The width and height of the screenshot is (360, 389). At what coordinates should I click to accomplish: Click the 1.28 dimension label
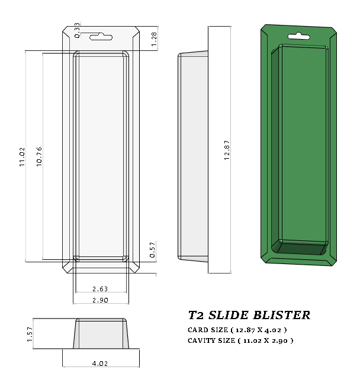pyautogui.click(x=154, y=39)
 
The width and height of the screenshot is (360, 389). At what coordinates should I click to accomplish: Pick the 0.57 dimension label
pyautogui.click(x=153, y=251)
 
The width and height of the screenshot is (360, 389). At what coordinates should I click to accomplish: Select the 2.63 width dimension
pyautogui.click(x=100, y=289)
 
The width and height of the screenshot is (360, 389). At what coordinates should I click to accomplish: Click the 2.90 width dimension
pyautogui.click(x=100, y=301)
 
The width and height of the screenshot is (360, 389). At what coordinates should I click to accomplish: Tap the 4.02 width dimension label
pyautogui.click(x=100, y=364)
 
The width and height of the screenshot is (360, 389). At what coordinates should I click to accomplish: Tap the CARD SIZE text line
pyautogui.click(x=237, y=329)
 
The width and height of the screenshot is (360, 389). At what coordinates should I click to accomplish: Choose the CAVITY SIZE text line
pyautogui.click(x=240, y=340)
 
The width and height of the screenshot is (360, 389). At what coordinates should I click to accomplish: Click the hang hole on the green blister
pyautogui.click(x=298, y=37)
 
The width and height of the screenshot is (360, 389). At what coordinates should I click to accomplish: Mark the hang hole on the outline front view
pyautogui.click(x=100, y=37)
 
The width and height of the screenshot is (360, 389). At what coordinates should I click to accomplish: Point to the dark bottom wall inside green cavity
pyautogui.click(x=299, y=247)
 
